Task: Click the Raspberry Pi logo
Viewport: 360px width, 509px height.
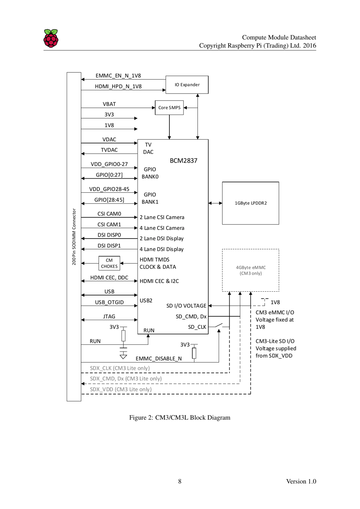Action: point(51,38)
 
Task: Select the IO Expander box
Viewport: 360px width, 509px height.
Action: point(187,85)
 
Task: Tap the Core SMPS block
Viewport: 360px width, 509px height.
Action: point(169,108)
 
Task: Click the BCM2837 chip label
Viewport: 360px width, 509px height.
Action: point(183,161)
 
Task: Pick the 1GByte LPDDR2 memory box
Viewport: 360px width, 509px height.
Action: point(250,203)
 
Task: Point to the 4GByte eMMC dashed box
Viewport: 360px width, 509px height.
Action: point(250,270)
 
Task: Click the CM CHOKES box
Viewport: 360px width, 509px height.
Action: point(109,263)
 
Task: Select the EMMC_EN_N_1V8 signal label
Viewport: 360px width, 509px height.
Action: point(118,76)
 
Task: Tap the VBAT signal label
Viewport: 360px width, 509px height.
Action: point(109,104)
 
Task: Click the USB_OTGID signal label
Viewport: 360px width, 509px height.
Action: point(109,302)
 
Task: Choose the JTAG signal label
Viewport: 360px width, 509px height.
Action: point(109,316)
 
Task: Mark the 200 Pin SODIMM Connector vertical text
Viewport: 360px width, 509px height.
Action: point(74,237)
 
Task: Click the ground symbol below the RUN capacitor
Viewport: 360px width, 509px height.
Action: point(123,356)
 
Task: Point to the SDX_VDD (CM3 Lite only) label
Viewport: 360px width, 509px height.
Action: point(121,389)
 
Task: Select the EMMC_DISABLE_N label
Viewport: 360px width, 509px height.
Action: point(158,358)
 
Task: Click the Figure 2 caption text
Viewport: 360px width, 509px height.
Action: point(180,418)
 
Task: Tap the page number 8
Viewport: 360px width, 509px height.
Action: point(180,481)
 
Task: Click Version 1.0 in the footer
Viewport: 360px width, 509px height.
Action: point(301,481)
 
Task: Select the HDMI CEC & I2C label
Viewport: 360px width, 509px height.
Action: point(159,281)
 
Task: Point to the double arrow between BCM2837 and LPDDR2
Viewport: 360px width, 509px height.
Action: point(215,203)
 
